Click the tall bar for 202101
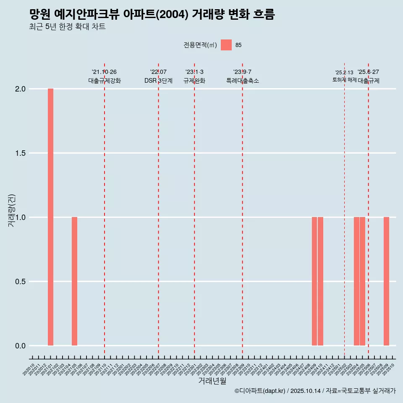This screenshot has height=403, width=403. (50, 217)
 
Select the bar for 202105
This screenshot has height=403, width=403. (74, 281)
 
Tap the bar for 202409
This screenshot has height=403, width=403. (314, 281)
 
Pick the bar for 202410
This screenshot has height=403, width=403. (320, 281)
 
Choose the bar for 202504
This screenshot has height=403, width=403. (356, 281)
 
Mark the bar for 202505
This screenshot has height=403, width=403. (362, 281)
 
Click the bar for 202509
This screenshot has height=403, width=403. (386, 281)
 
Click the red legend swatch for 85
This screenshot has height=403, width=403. (226, 45)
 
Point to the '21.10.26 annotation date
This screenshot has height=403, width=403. (104, 72)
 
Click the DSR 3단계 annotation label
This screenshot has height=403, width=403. (158, 81)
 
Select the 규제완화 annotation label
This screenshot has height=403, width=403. (194, 81)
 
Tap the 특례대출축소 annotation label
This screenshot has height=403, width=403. (242, 81)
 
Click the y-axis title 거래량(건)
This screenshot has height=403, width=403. (12, 210)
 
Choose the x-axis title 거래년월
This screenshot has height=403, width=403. (212, 381)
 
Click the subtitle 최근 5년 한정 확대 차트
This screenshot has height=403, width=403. (67, 27)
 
